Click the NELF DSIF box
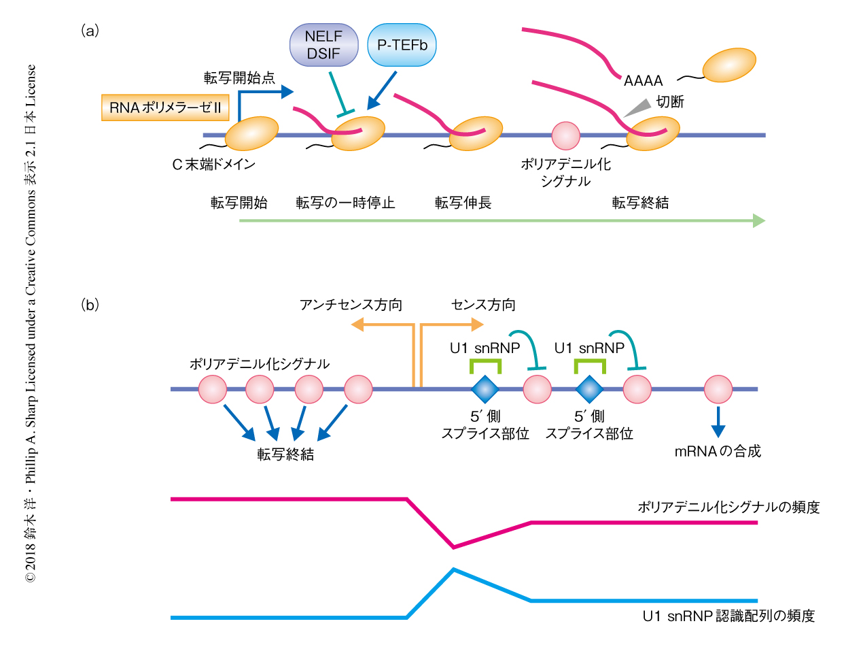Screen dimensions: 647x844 pos(324,46)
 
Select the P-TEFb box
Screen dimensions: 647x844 pos(402,45)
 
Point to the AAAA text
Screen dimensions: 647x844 pos(643,80)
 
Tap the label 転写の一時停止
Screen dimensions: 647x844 pos(345,203)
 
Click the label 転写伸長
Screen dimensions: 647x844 pos(463,203)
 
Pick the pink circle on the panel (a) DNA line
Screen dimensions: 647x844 pos(565,135)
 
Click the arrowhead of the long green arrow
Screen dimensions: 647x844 pos(758,220)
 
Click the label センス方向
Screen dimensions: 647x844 pos(483,305)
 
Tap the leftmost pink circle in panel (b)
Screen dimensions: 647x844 pos(212,389)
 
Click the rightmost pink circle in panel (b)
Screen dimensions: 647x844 pos(718,389)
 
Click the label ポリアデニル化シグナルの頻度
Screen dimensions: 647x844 pos(728,508)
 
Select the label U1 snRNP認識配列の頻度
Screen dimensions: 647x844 pos(728,616)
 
